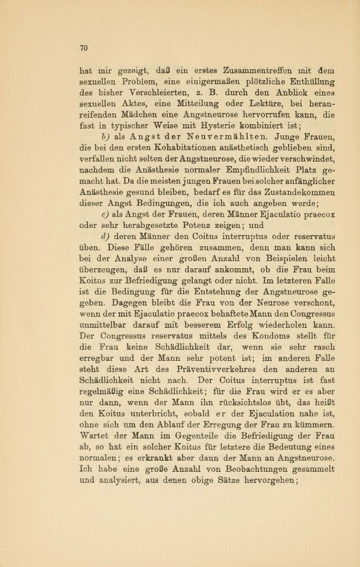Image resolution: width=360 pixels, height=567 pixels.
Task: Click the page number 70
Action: click(83, 48)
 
